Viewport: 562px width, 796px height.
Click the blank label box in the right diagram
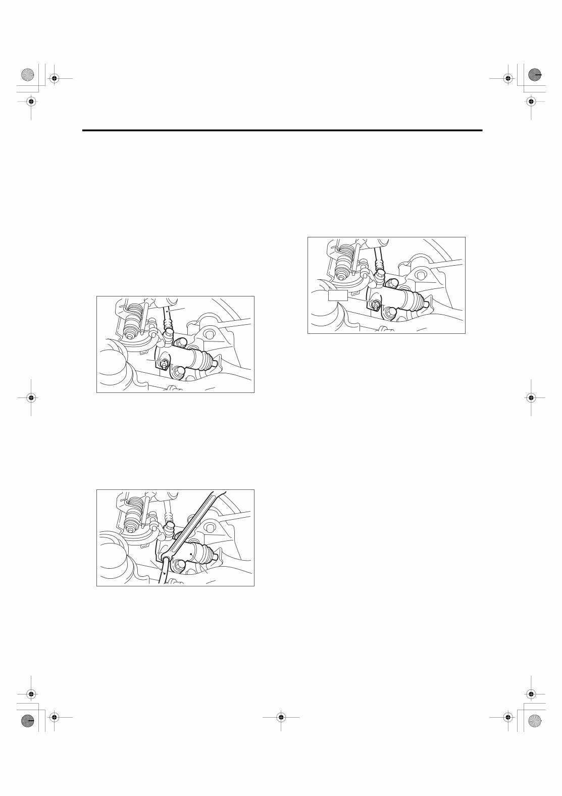click(x=338, y=295)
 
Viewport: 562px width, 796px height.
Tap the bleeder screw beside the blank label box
click(x=376, y=304)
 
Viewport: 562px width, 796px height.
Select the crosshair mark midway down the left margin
click(x=31, y=397)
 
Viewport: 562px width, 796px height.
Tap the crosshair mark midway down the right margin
click(x=531, y=397)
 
